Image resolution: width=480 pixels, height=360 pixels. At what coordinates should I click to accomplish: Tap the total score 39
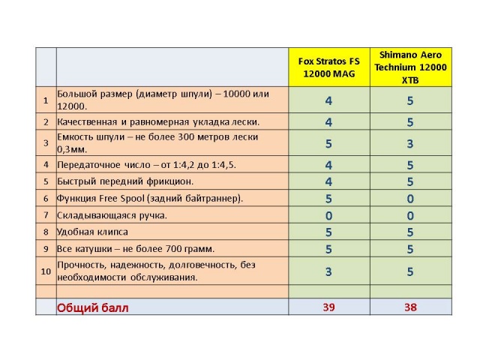(328, 307)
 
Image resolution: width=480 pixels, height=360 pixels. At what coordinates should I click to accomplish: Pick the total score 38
(410, 307)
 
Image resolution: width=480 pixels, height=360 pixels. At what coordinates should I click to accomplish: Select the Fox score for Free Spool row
(328, 198)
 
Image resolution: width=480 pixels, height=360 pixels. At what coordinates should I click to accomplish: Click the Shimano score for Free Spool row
(410, 198)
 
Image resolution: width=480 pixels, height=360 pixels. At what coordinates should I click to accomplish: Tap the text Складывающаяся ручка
(112, 215)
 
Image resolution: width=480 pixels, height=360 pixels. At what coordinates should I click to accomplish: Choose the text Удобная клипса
(92, 232)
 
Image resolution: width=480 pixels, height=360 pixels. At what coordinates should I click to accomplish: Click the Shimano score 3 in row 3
(410, 142)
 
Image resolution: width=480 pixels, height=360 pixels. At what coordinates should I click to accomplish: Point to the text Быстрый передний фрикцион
(125, 181)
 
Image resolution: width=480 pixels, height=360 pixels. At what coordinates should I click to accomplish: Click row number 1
(46, 100)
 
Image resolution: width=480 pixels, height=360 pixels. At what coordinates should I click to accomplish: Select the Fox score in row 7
(328, 215)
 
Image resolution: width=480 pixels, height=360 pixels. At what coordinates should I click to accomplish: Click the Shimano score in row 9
(410, 248)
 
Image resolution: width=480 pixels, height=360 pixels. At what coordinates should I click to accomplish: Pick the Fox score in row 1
(328, 100)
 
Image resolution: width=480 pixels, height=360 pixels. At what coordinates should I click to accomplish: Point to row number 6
(46, 198)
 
